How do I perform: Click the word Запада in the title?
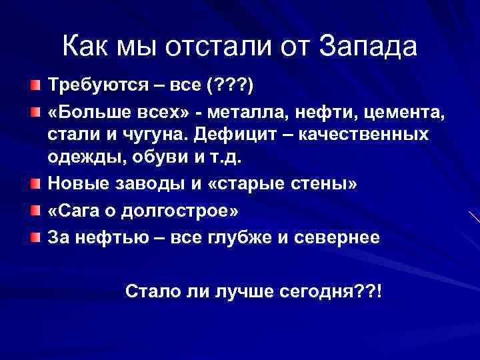click(x=368, y=47)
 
